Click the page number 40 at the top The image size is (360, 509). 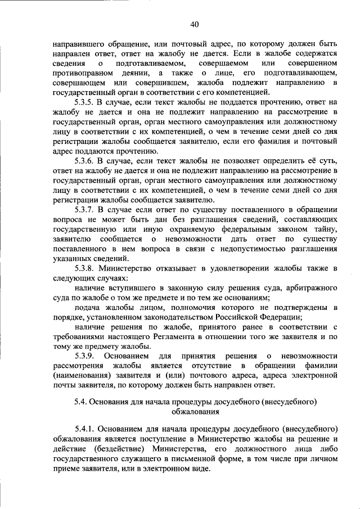pyautogui.click(x=195, y=24)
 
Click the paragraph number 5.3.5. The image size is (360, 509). pyautogui.click(x=85, y=102)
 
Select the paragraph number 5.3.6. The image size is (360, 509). pyautogui.click(x=85, y=160)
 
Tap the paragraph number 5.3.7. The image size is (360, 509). pyautogui.click(x=85, y=209)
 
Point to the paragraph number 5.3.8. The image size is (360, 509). pyautogui.click(x=85, y=268)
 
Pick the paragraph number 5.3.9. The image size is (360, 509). pyautogui.click(x=85, y=355)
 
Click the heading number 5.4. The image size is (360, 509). pyautogui.click(x=82, y=401)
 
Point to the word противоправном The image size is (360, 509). pyautogui.click(x=81, y=73)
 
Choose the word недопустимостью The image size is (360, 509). pyautogui.click(x=260, y=249)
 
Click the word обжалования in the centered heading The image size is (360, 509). pyautogui.click(x=195, y=411)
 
